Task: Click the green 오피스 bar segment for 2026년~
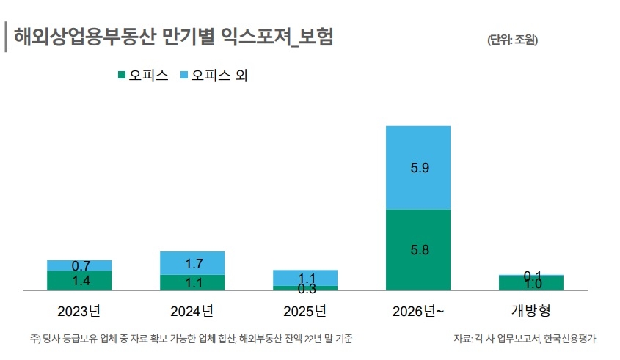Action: point(417,249)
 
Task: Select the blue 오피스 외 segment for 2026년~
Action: point(417,167)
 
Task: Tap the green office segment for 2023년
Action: point(79,281)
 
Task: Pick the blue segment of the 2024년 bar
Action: point(192,263)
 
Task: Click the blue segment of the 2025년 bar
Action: point(305,278)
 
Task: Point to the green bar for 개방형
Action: point(531,284)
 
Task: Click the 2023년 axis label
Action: point(79,311)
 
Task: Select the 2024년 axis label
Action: point(192,311)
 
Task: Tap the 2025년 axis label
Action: point(304,311)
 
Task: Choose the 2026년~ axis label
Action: point(418,311)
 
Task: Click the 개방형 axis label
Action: point(530,311)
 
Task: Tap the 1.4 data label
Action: point(81,281)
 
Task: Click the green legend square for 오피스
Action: point(122,75)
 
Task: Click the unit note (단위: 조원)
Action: point(512,40)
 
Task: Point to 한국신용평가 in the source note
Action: point(569,339)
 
